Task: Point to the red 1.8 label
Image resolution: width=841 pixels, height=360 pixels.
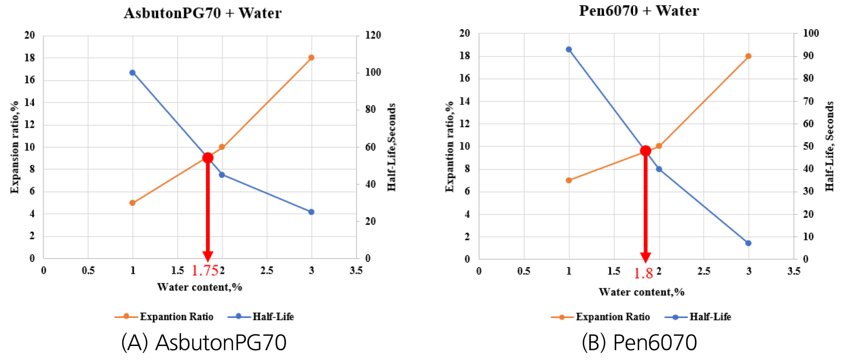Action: click(643, 273)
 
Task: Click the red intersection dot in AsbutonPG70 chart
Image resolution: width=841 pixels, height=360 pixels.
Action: click(207, 158)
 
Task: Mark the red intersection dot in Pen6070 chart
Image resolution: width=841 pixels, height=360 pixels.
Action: click(645, 151)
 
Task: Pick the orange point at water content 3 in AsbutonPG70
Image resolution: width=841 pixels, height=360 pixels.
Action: click(311, 58)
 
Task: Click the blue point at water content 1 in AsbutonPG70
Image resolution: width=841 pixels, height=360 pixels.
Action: click(133, 73)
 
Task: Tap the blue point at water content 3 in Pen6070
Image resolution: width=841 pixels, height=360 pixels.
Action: click(748, 243)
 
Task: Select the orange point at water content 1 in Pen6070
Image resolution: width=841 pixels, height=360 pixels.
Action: click(568, 180)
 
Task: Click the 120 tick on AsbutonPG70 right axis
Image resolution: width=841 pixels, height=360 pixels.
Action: click(371, 36)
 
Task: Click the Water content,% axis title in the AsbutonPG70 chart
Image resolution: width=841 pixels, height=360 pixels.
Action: click(200, 287)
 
